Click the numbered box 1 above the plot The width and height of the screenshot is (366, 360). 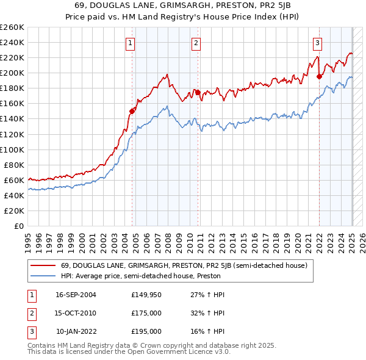click(131, 43)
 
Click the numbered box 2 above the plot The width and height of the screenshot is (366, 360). click(196, 43)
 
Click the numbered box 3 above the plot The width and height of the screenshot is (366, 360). click(318, 43)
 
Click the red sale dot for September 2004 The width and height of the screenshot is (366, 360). click(132, 110)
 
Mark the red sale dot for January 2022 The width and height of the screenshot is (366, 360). click(319, 76)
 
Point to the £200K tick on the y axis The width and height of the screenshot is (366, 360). click(13, 73)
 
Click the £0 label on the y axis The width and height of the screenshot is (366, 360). click(20, 226)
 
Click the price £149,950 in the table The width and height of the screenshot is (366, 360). click(145, 295)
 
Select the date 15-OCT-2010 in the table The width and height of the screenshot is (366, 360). click(76, 313)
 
